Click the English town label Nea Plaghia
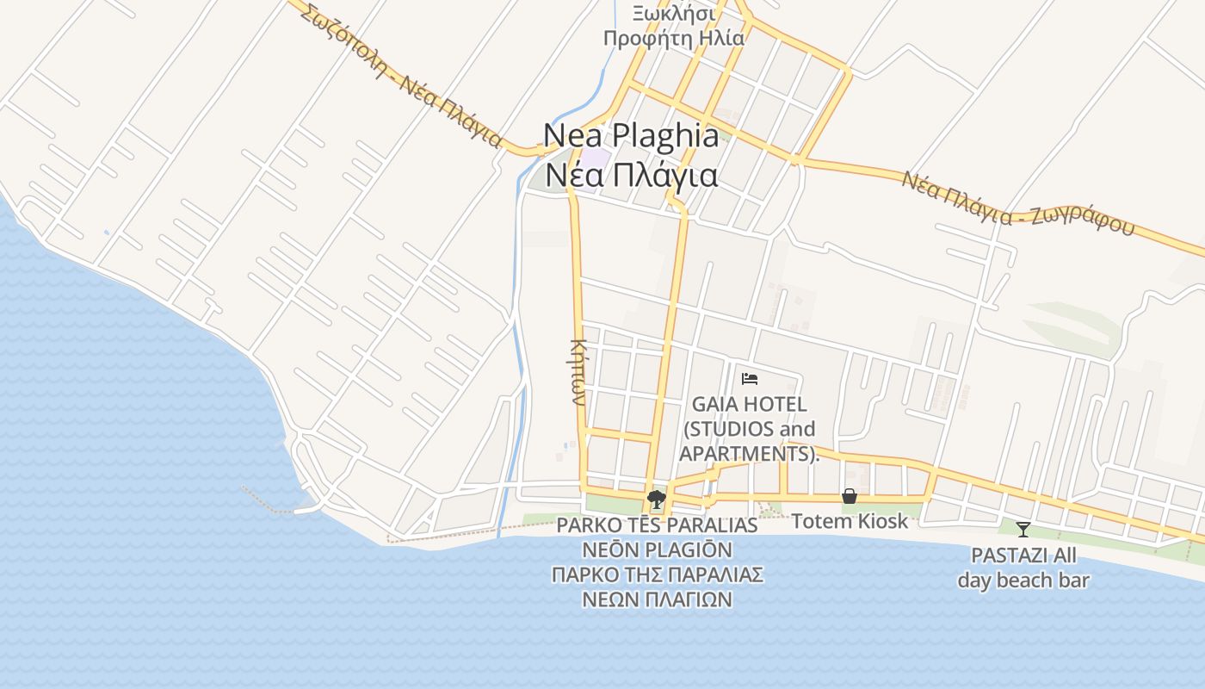(631, 136)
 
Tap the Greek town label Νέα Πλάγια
(631, 175)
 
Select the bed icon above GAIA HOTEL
(750, 378)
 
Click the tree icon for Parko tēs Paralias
(657, 499)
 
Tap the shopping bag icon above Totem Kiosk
(850, 496)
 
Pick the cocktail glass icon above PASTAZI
(1023, 529)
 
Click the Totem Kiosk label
(850, 521)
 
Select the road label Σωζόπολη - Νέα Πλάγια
(402, 76)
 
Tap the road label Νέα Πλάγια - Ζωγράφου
(1018, 206)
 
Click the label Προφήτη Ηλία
(673, 38)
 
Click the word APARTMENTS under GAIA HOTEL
(746, 453)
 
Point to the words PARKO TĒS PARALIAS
(657, 525)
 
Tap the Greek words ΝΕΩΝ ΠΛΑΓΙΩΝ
(657, 599)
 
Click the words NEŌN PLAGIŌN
(657, 549)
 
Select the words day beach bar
(1023, 580)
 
